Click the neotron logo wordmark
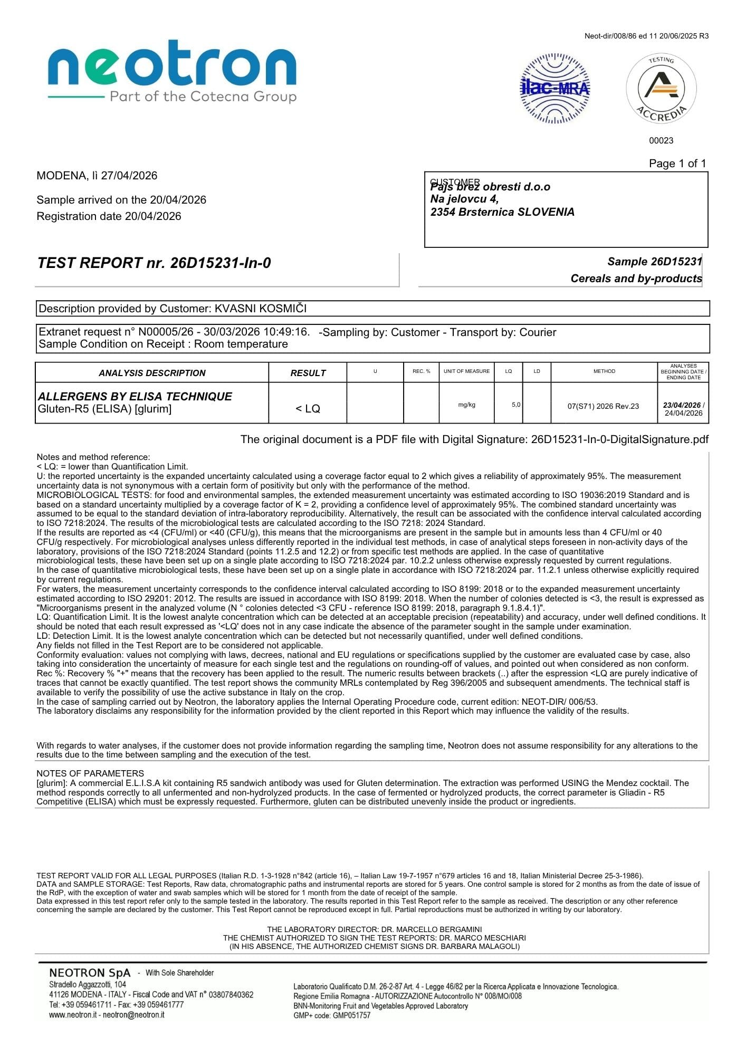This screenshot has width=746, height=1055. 172,67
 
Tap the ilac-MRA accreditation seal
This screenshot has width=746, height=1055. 555,88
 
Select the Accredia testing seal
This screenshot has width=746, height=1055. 661,88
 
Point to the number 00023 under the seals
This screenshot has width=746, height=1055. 661,140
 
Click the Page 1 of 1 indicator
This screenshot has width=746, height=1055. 677,164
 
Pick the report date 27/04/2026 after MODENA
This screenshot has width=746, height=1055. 129,176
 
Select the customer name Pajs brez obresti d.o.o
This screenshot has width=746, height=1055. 491,187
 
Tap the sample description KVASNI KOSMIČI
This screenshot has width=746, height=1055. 261,309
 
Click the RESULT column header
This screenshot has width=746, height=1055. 308,373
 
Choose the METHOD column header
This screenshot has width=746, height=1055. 604,371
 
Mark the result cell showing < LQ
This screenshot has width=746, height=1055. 308,409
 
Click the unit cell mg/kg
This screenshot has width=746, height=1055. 467,405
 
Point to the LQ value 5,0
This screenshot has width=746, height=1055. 516,405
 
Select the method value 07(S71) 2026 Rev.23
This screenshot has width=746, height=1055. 603,406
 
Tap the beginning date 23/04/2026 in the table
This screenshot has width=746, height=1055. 682,405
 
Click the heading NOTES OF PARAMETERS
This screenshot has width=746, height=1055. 90,773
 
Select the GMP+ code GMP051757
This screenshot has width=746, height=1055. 351,1015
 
